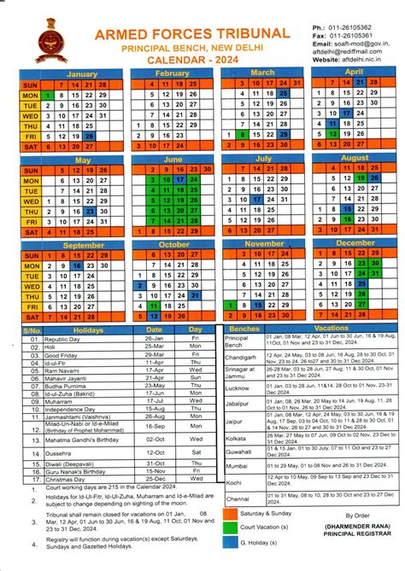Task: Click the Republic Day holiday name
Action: [x=59, y=339]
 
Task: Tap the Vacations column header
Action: [x=331, y=328]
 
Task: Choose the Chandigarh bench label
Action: [x=240, y=357]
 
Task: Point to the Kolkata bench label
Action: [x=236, y=436]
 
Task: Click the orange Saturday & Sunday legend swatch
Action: [x=232, y=514]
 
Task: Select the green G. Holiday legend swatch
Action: [x=232, y=541]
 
